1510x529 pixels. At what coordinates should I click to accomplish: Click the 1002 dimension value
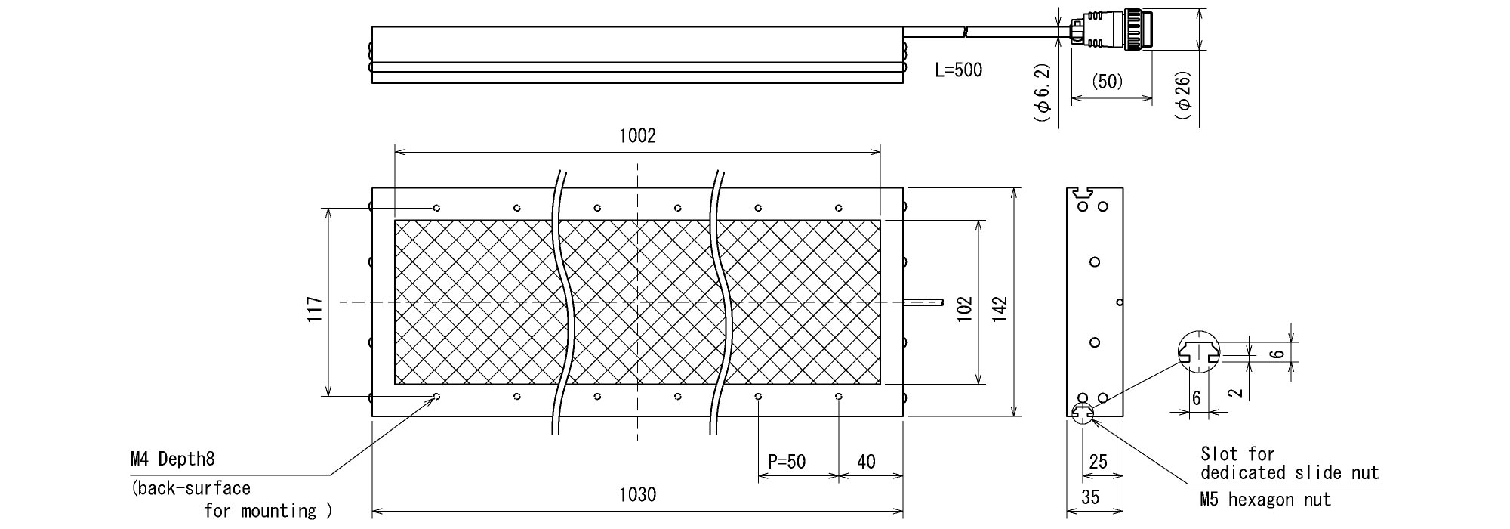click(x=637, y=136)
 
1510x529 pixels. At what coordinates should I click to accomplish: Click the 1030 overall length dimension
click(x=637, y=495)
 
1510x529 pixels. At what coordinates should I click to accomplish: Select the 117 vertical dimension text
click(x=315, y=309)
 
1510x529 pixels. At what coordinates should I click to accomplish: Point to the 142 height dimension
click(x=999, y=308)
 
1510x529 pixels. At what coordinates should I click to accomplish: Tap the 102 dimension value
click(x=964, y=308)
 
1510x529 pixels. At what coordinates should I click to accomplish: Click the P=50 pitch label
click(x=787, y=462)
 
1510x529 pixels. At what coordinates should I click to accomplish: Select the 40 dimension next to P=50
click(x=867, y=462)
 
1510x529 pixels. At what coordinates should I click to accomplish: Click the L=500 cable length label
click(x=959, y=70)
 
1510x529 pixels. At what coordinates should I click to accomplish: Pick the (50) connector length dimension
click(x=1108, y=82)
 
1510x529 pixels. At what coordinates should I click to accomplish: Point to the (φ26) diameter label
click(x=1183, y=94)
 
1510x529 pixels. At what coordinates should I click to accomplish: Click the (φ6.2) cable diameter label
click(x=1042, y=91)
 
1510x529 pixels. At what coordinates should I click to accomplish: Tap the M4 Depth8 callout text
click(x=173, y=459)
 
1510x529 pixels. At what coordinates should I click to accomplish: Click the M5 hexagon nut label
click(x=1265, y=500)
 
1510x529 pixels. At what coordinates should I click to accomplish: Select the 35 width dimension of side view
click(x=1090, y=497)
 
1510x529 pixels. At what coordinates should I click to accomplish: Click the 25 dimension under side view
click(x=1099, y=461)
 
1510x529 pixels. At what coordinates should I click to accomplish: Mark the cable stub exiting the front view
click(x=923, y=302)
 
